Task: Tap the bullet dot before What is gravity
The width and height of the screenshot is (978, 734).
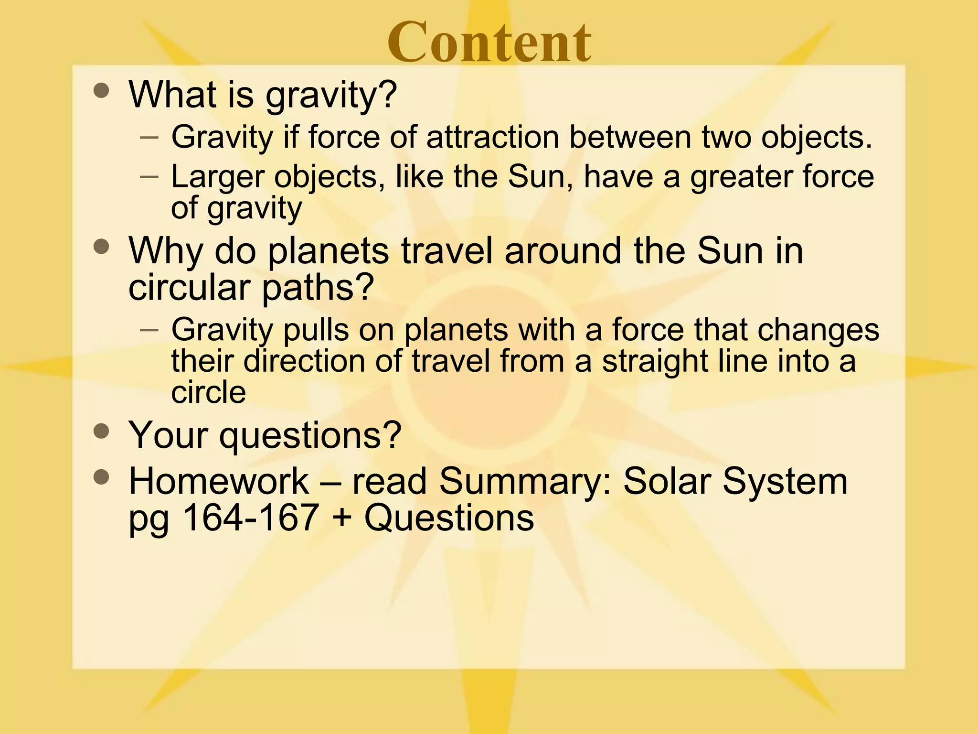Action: [x=101, y=90]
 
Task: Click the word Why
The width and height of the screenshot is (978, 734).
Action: [x=165, y=251]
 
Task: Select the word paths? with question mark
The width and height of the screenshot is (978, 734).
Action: [x=318, y=288]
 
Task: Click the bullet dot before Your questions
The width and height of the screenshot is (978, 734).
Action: [x=101, y=432]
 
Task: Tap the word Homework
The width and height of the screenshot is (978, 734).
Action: [x=219, y=481]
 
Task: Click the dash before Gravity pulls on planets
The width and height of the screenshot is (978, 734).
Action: [x=150, y=330]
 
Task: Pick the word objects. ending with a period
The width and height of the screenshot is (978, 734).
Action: [x=816, y=138]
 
